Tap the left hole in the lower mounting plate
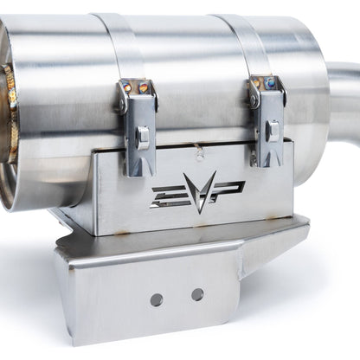156,299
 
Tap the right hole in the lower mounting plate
197,294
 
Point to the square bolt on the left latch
143,135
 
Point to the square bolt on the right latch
272,130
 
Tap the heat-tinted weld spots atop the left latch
136,87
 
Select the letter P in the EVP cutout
229,188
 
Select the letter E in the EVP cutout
167,196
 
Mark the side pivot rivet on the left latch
125,103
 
